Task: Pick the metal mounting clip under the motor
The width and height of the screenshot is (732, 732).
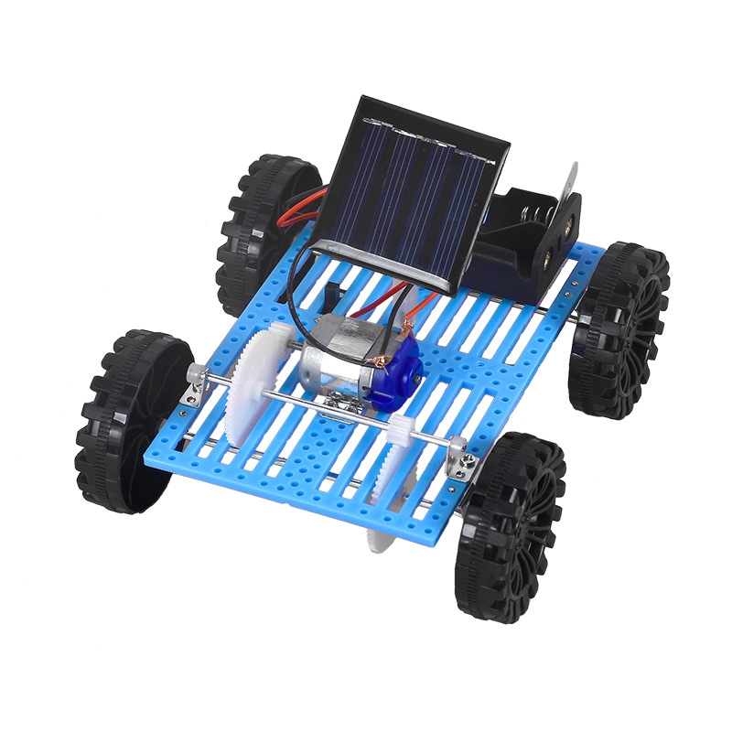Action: coord(339,403)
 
